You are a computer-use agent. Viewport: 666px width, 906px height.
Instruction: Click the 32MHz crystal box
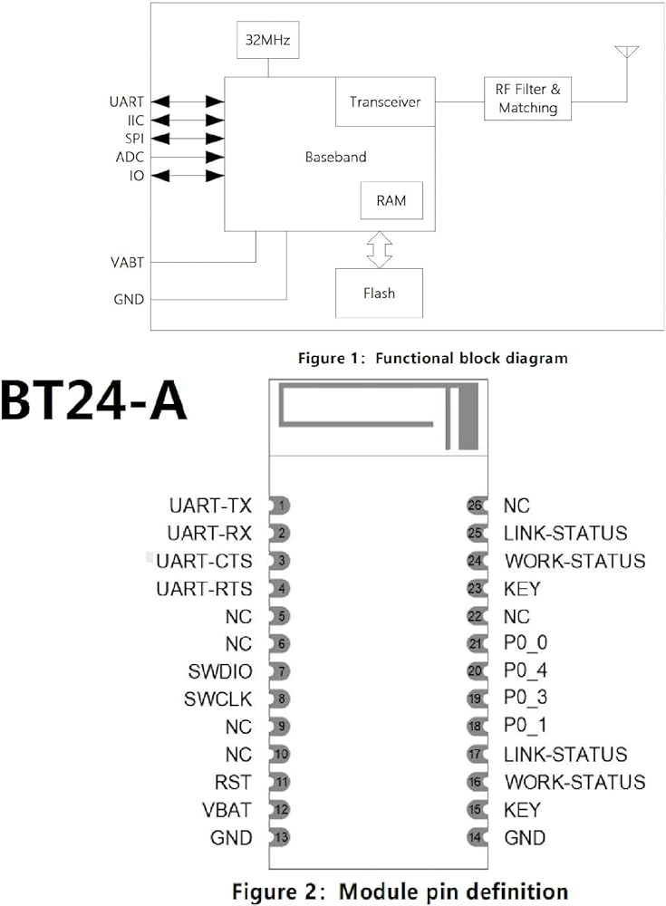tap(268, 41)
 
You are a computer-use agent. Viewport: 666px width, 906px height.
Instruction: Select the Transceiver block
tap(385, 101)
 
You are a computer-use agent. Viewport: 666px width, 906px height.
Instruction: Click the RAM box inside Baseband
tap(391, 201)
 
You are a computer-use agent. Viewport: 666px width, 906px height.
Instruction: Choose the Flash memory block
tap(379, 293)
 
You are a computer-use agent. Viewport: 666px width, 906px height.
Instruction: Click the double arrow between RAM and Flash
tap(380, 248)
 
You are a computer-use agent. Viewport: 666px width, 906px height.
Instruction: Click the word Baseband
tap(335, 157)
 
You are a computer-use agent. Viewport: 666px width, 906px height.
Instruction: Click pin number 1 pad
tap(283, 506)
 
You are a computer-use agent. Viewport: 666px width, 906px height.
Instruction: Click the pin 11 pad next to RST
tap(283, 782)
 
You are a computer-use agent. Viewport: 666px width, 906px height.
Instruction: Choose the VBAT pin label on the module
tap(227, 809)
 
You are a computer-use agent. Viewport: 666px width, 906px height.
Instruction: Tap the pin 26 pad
tap(475, 506)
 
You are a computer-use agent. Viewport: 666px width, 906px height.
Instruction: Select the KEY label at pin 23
tap(523, 589)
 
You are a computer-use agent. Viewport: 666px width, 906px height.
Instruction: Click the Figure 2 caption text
tap(400, 891)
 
